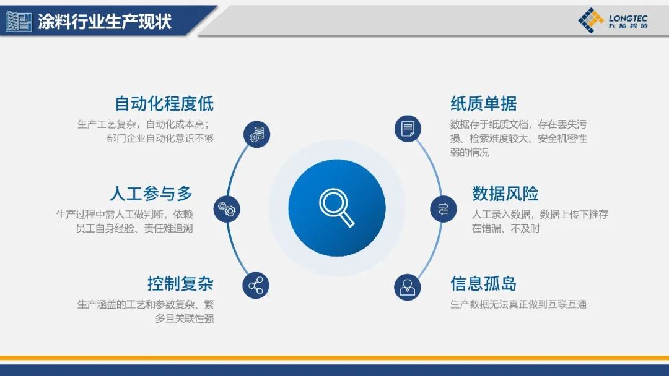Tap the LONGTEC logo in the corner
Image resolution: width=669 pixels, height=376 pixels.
tap(613, 21)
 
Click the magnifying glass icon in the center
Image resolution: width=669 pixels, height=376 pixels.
tap(336, 207)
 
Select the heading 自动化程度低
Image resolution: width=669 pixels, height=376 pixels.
tap(164, 103)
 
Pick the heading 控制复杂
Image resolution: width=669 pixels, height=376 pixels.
tap(180, 284)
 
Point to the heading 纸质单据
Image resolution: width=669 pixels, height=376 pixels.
tap(483, 103)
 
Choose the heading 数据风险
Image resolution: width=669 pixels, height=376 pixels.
tap(505, 194)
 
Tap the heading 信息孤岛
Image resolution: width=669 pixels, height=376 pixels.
tap(483, 284)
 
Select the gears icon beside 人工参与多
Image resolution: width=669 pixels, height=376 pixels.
tap(227, 209)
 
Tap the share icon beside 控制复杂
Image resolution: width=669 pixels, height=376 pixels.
tap(256, 286)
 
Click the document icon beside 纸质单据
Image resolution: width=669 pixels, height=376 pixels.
tap(408, 129)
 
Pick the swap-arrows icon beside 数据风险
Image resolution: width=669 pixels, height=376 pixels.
tap(444, 208)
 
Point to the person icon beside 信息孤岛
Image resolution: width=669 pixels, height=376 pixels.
tap(408, 286)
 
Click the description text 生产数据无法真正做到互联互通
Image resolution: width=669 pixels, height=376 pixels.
tap(518, 304)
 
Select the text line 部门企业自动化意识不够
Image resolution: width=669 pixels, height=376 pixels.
tap(160, 138)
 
